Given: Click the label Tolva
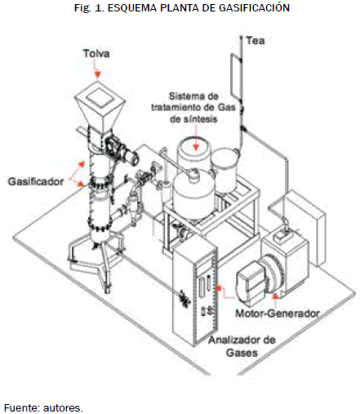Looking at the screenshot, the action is click(x=96, y=53).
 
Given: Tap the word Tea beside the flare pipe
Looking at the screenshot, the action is click(x=256, y=41).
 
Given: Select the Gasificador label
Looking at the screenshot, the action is click(x=36, y=181).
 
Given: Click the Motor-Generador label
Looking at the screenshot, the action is click(x=278, y=314).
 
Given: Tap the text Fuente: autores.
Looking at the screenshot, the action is click(x=43, y=408).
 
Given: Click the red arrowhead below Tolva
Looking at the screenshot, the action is click(x=98, y=74).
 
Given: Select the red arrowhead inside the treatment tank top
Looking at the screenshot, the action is click(x=196, y=147).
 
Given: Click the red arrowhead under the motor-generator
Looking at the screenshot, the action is click(x=275, y=296).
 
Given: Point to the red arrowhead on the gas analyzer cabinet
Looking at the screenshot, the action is click(x=219, y=287).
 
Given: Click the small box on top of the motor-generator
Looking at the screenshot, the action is click(x=282, y=235).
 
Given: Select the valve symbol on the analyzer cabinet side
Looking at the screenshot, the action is click(x=184, y=298).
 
